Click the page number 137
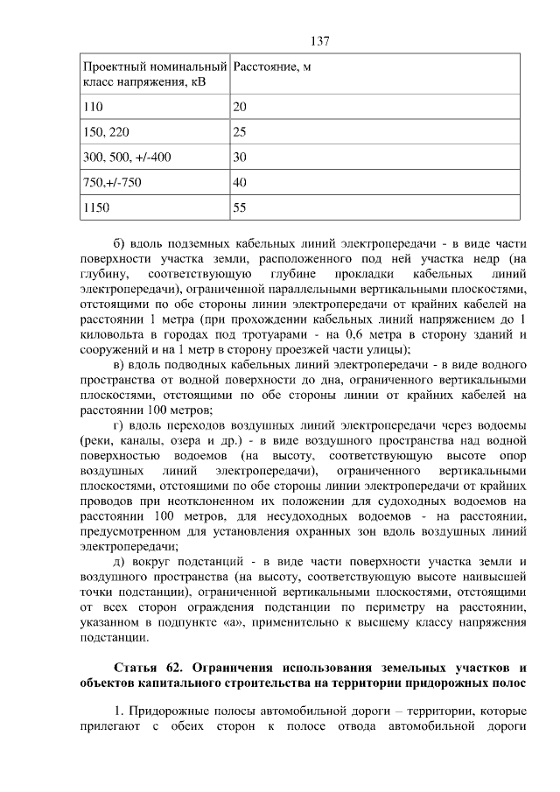320,41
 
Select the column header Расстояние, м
271,67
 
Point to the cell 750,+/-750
111,183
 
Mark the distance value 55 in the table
241,208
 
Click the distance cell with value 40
241,183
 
